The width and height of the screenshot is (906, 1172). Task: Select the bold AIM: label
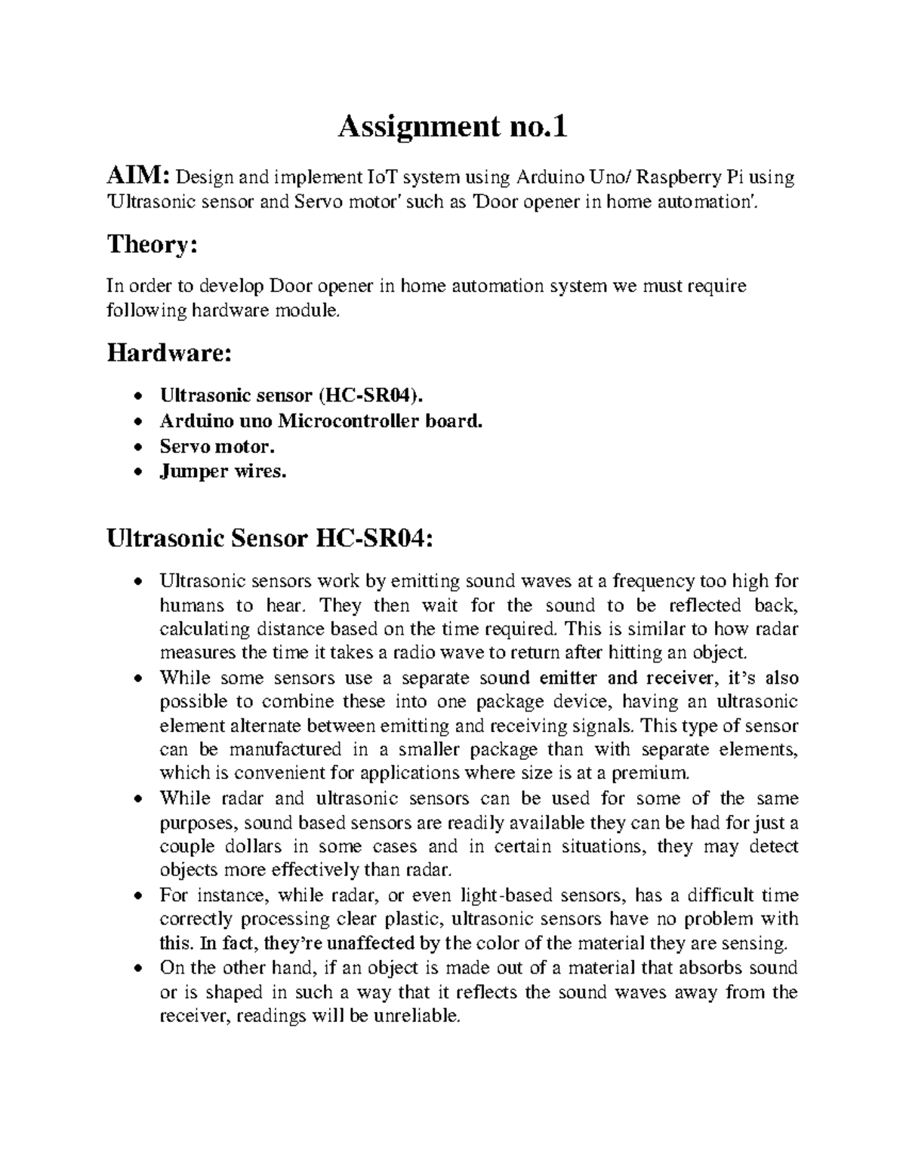coord(139,177)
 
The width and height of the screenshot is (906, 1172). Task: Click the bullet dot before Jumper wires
coord(136,472)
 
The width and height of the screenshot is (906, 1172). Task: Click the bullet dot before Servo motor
coord(136,447)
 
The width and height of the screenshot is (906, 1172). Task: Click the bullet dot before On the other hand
coord(136,968)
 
